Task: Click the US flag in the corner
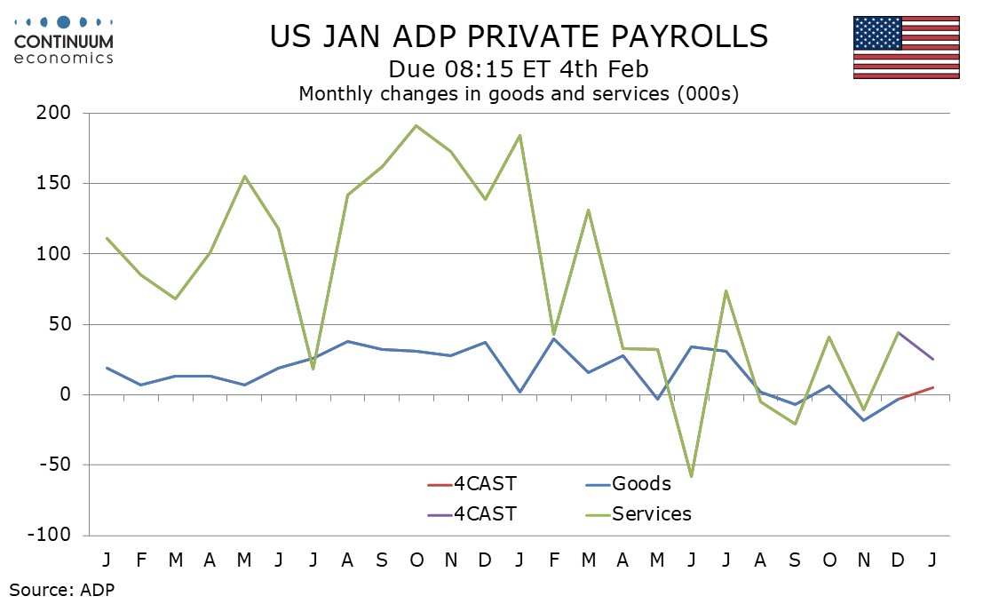pyautogui.click(x=906, y=47)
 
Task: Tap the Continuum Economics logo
pyautogui.click(x=63, y=40)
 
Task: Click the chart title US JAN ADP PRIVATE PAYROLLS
pyautogui.click(x=519, y=36)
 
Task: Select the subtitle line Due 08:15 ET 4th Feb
pyautogui.click(x=519, y=69)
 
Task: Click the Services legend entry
pyautogui.click(x=651, y=513)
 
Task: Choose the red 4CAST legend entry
pyautogui.click(x=484, y=484)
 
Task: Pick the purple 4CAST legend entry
pyautogui.click(x=484, y=513)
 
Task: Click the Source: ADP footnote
pyautogui.click(x=62, y=588)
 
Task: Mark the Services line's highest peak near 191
pyautogui.click(x=416, y=125)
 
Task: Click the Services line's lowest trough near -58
pyautogui.click(x=691, y=476)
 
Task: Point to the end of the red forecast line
pyautogui.click(x=932, y=387)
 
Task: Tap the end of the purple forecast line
pyautogui.click(x=932, y=359)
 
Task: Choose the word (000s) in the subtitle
pyautogui.click(x=707, y=93)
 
